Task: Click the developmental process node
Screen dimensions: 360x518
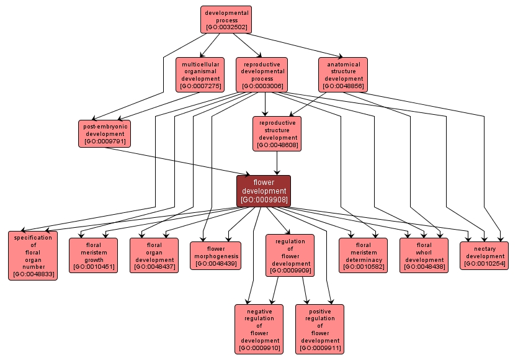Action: [225, 19]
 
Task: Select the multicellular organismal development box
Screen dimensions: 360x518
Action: [199, 74]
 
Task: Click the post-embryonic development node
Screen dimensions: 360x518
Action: [105, 133]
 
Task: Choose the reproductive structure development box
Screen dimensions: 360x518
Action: [277, 133]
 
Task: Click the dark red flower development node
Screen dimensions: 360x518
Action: [264, 191]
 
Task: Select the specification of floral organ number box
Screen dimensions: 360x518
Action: [32, 256]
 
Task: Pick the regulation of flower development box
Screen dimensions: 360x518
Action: [290, 254]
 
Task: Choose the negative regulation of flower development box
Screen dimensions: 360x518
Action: [259, 328]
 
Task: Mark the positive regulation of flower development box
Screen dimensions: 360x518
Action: [319, 328]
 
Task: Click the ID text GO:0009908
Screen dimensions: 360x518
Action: [264, 200]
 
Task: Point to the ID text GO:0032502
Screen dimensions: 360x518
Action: [225, 28]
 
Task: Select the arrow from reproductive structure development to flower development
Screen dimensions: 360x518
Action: [277, 163]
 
